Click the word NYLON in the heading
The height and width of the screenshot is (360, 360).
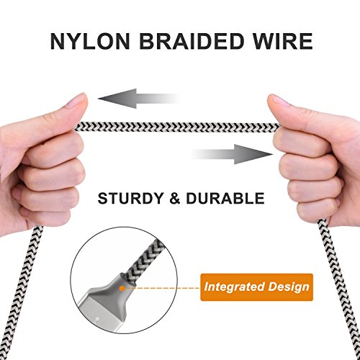tap(90, 41)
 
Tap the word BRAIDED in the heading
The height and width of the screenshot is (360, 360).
tap(192, 41)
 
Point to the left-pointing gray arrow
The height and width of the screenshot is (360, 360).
tap(139, 99)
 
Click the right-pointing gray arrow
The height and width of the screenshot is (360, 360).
tap(232, 154)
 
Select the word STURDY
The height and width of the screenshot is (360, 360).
tap(130, 199)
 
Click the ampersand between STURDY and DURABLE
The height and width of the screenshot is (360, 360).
tap(175, 199)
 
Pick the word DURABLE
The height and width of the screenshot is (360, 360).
tap(225, 199)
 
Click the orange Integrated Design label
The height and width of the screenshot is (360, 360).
tap(256, 287)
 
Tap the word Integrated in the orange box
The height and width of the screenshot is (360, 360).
tap(234, 287)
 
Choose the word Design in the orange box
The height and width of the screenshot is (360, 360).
tap(289, 287)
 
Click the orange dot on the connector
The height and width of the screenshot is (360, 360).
tap(122, 288)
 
